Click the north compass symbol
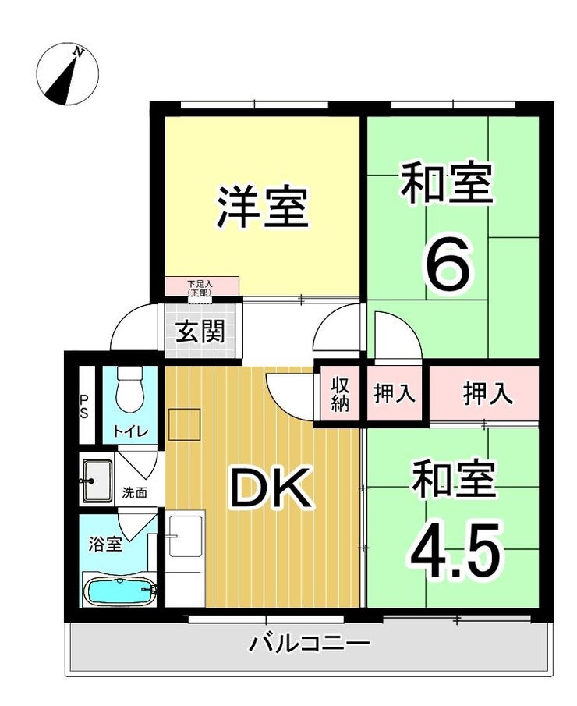tap(67, 74)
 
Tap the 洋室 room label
tap(263, 208)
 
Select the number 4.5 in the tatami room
tap(455, 551)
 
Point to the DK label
tap(271, 487)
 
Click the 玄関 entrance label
tap(200, 332)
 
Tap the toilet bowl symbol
tap(129, 388)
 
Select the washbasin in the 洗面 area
tap(96, 481)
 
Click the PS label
tap(84, 406)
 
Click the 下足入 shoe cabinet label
tap(200, 287)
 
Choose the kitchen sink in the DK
tap(186, 536)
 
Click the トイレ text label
tap(130, 432)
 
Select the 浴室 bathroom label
tap(105, 544)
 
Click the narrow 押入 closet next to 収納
tap(395, 393)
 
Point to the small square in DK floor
tap(184, 424)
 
